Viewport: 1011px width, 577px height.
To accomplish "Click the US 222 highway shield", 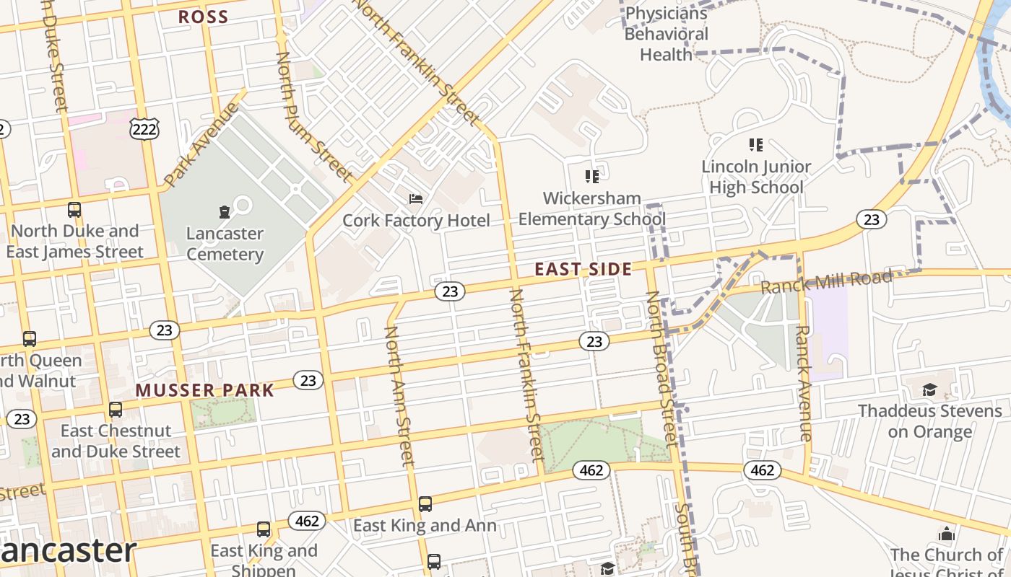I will pos(144,129).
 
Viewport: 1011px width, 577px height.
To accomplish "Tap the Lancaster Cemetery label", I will pos(225,244).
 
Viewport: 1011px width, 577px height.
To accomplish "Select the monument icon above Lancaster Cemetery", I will pos(224,211).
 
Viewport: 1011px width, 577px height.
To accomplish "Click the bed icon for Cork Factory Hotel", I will pos(416,198).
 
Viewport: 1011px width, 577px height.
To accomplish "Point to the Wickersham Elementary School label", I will pos(591,208).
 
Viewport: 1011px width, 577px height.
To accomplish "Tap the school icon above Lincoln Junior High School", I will pos(756,145).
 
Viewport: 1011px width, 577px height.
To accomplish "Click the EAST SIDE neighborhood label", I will pos(583,270).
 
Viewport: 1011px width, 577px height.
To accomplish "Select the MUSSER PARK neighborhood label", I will pos(205,391).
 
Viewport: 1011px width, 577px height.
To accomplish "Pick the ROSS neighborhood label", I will pos(203,17).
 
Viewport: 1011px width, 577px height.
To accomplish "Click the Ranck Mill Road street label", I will pos(826,282).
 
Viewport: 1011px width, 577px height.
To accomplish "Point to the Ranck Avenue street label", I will pos(803,382).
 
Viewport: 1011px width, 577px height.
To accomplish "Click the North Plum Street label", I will pos(313,115).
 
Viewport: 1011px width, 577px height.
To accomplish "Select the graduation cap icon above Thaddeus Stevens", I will pos(929,390).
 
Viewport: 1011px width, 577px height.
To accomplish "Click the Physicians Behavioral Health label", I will pos(666,34).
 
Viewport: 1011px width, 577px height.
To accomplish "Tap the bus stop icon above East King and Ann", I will pos(425,503).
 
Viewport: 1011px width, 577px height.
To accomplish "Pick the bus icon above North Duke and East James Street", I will pos(74,210).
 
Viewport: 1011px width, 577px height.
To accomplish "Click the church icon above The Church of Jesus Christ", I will pos(946,534).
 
